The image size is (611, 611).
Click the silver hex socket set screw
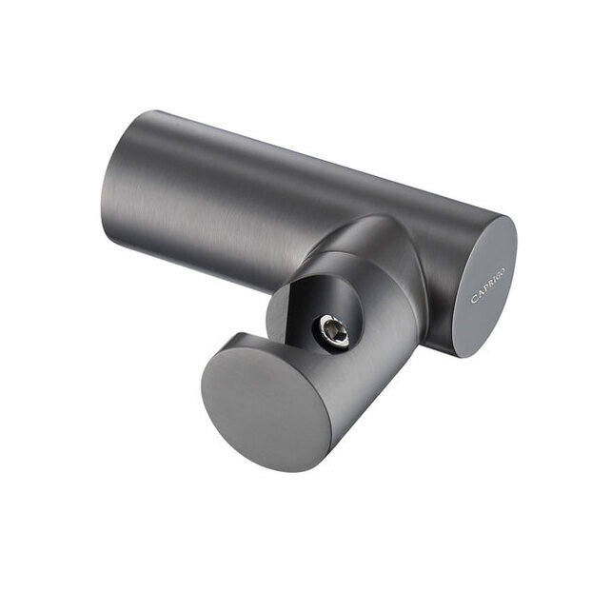(332, 332)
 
